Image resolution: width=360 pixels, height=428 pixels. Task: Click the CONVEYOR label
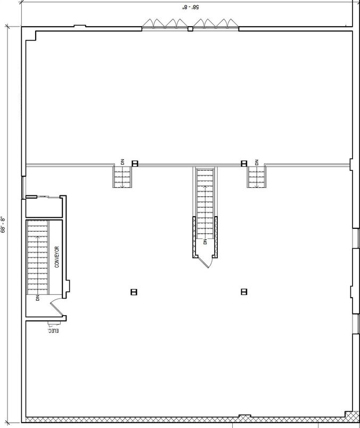[x=57, y=257]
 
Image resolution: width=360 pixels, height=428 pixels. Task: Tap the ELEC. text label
[x=53, y=331]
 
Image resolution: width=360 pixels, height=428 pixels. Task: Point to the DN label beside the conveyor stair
[x=38, y=298]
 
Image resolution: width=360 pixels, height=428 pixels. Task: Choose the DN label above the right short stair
[x=256, y=162]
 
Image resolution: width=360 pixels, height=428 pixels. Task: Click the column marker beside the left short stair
[x=135, y=163]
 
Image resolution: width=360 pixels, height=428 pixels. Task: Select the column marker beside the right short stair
[x=244, y=163]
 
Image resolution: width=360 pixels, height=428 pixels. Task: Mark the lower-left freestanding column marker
[x=134, y=291]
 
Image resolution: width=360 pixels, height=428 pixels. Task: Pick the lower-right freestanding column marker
[x=244, y=291]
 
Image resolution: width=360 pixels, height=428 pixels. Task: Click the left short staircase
[x=122, y=177]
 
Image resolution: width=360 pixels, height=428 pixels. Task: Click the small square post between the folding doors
[x=190, y=28]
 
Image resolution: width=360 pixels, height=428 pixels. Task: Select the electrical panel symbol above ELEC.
[x=51, y=324]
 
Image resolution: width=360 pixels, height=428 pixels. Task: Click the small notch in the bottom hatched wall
[x=244, y=416]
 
